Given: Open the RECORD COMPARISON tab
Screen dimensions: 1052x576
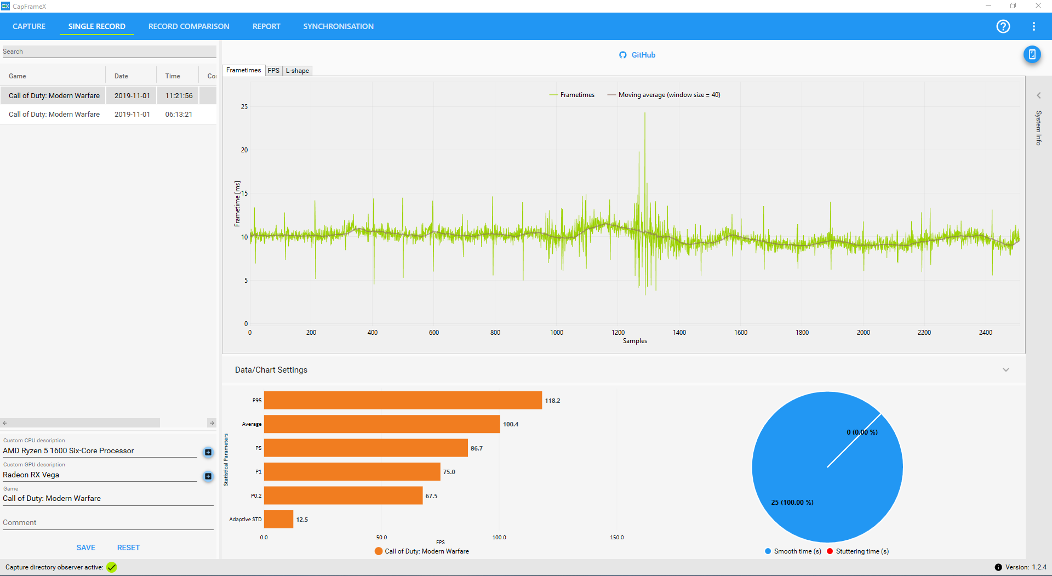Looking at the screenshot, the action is (188, 26).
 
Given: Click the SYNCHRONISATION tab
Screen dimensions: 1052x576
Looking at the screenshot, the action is (338, 26).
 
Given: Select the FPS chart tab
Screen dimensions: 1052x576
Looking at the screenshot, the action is (273, 71).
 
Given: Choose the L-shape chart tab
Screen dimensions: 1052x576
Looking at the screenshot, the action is (298, 71).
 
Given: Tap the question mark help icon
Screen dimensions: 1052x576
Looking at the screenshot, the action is (1003, 26).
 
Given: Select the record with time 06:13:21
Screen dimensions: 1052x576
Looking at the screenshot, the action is (179, 115).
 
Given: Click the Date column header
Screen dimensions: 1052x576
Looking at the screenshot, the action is (121, 76).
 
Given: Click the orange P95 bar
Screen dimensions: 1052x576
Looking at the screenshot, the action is (403, 400).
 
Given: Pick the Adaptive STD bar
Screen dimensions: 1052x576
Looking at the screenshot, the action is (278, 519).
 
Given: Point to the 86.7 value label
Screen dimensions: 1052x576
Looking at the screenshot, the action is (477, 448).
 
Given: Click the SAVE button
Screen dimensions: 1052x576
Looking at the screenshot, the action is (86, 548).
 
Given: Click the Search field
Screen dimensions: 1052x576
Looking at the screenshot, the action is (108, 52).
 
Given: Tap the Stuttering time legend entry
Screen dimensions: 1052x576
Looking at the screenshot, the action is (858, 551).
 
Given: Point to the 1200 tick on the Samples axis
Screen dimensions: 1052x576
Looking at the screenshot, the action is (618, 333).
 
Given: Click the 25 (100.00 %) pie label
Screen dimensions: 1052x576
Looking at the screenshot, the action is (792, 503).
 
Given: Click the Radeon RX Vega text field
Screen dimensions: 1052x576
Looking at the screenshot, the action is (100, 475).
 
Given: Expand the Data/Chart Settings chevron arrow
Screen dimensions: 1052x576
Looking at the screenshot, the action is (1006, 370).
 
